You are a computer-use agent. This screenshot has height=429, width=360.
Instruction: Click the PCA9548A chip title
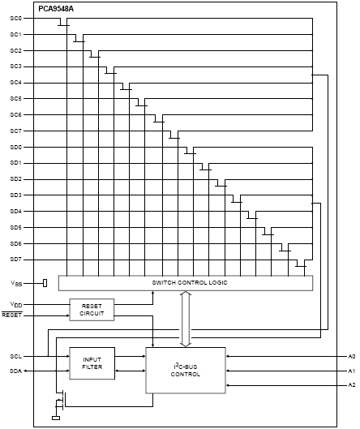pos(56,9)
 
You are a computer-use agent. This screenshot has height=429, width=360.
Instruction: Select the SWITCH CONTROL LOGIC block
pos(186,283)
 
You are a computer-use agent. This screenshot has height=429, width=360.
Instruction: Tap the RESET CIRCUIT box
pos(92,310)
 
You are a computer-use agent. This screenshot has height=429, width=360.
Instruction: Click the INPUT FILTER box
pos(92,363)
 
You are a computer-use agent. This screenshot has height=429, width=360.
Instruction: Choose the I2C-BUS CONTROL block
pos(186,371)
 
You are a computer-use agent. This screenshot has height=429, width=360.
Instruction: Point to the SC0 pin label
pos(15,19)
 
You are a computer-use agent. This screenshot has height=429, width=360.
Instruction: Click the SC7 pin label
pos(15,131)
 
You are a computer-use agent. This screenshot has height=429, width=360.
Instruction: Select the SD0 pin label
pos(15,148)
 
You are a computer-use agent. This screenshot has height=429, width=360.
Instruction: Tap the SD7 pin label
pos(15,260)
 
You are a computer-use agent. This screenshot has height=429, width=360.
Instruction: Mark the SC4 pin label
pos(15,83)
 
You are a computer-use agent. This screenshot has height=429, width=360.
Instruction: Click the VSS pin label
pos(16,284)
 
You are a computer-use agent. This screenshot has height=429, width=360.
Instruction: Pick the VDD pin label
pos(16,304)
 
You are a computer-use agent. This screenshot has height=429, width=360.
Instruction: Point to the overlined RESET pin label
pos(12,315)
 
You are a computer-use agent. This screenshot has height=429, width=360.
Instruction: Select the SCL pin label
pos(15,357)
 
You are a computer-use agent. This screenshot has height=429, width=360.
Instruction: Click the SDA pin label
pos(15,371)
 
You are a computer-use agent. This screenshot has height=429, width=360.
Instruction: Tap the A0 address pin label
pos(352,357)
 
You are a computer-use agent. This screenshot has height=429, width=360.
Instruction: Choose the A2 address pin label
pos(352,385)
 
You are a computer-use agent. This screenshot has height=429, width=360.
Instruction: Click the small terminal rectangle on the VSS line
pos(45,283)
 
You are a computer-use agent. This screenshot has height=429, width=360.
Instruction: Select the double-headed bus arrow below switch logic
pos(186,319)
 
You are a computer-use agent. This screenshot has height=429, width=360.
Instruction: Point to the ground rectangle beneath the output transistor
pos(56,418)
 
